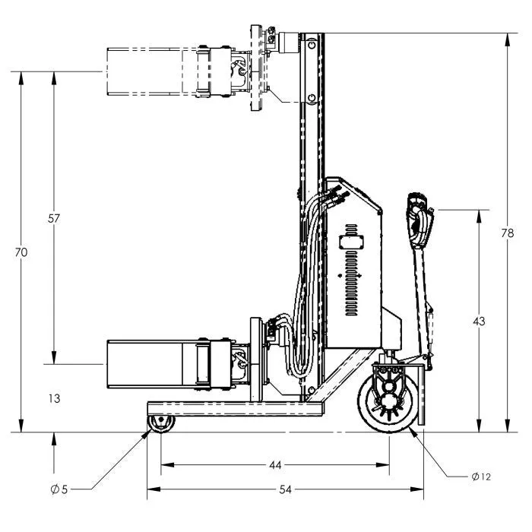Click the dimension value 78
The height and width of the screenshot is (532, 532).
[x=508, y=233]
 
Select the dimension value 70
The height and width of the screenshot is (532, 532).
[x=21, y=252]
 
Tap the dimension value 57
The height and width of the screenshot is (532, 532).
[x=54, y=219]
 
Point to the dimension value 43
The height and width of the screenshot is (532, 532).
[x=479, y=321]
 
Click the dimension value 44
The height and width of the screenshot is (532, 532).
[x=275, y=465]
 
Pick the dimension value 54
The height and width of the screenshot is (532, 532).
[x=285, y=489]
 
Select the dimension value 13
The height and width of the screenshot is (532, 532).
[x=54, y=398]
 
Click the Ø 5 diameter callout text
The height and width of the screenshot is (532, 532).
[x=59, y=489]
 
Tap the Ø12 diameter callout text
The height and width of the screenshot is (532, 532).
[x=481, y=477]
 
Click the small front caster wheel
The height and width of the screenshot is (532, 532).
[x=161, y=424]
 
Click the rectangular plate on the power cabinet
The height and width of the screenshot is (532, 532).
[x=351, y=242]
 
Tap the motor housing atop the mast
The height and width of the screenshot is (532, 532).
[x=289, y=43]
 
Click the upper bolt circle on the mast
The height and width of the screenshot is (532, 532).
[x=311, y=44]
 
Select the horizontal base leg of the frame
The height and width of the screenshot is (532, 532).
[x=235, y=409]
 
